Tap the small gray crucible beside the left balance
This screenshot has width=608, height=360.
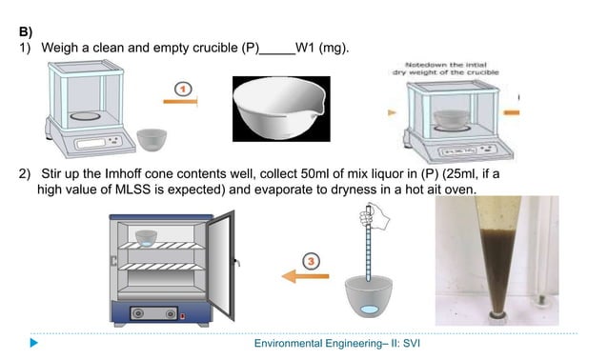[x=152, y=138]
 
